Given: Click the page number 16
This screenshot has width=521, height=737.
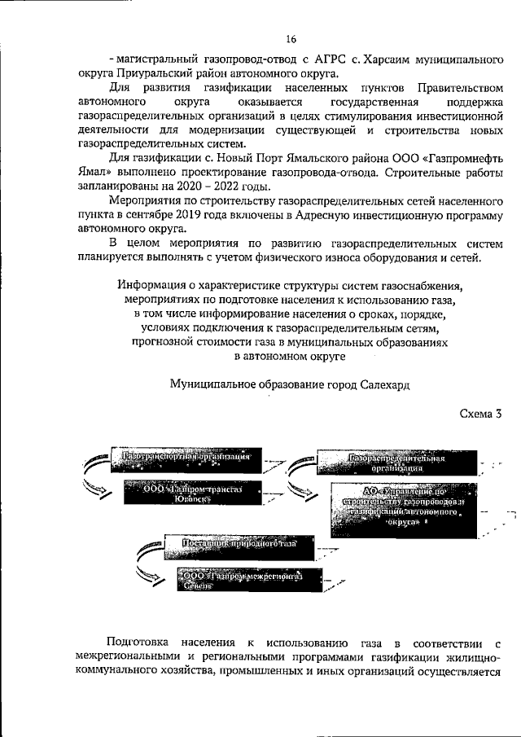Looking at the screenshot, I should (291, 38).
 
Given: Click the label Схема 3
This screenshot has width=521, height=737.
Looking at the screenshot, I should (480, 415).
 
